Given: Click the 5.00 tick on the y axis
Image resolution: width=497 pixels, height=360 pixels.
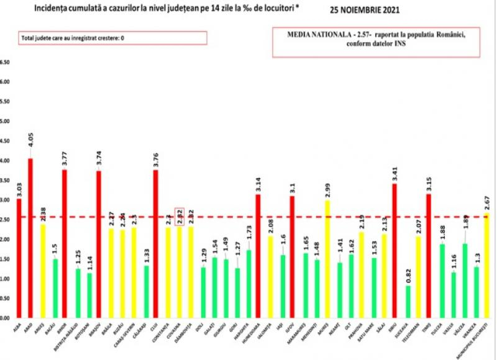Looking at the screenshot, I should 6,121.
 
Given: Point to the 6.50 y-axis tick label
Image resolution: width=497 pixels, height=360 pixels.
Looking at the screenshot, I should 6,62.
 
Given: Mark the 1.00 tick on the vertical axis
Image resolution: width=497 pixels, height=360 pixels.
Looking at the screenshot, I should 6,279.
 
